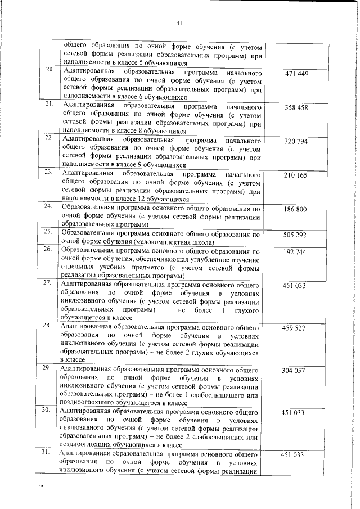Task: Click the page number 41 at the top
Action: pyautogui.click(x=180, y=23)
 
